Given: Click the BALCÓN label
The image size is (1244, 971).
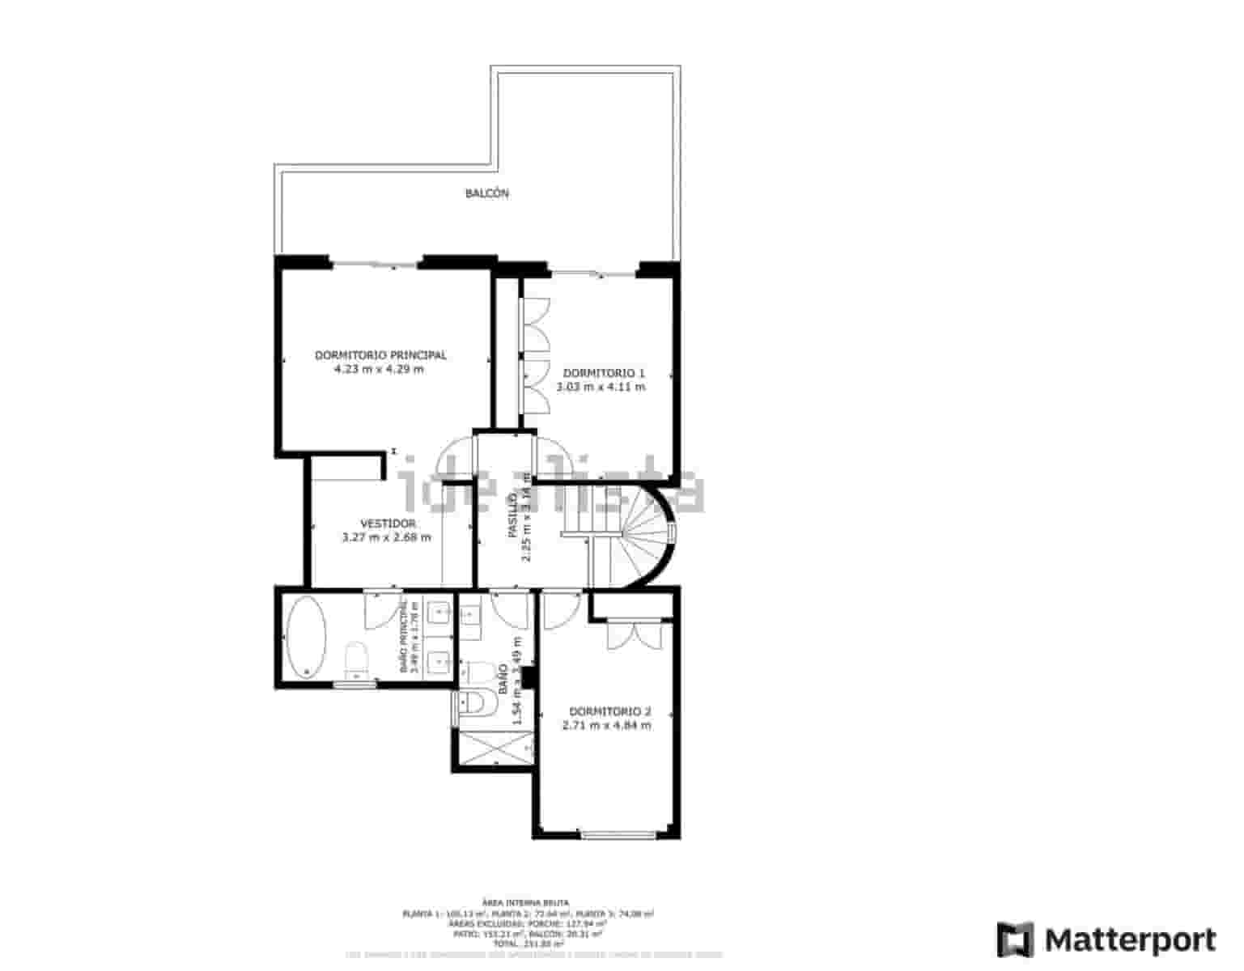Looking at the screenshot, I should [486, 193].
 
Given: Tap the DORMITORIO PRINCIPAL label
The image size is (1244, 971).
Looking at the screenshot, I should [380, 355].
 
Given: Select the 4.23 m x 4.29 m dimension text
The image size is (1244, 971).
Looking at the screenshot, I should [379, 370].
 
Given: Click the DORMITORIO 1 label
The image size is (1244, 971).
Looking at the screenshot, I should [604, 373].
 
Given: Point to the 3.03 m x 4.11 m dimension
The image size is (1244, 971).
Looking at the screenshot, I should [601, 388].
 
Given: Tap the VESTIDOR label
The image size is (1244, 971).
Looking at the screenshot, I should [388, 524].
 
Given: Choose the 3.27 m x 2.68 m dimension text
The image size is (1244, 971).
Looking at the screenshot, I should [387, 537].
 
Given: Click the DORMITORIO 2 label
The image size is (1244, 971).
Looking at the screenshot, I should [609, 712].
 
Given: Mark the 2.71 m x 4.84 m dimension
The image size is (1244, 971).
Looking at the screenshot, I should [606, 726].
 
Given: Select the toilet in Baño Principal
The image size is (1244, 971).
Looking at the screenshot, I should [356, 659].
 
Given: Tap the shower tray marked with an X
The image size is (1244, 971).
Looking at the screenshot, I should [495, 747].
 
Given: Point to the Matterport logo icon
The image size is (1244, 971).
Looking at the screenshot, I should [1015, 939].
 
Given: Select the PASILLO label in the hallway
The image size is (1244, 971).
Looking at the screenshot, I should [512, 516].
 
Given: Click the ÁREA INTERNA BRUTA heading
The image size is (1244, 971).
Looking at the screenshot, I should [525, 901].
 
